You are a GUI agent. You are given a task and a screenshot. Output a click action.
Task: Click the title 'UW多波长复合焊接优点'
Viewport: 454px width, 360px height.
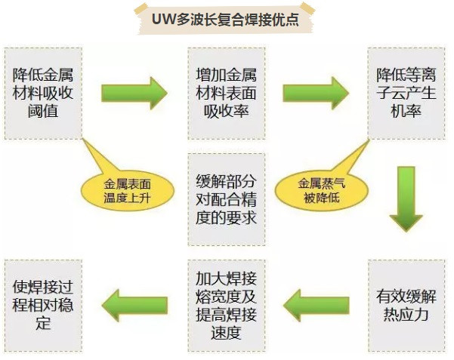click(x=227, y=19)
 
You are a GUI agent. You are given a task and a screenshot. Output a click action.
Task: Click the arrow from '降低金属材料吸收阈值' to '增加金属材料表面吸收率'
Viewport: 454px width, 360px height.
click(x=135, y=93)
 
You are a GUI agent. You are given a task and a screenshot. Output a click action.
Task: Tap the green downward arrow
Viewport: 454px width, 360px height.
click(x=406, y=198)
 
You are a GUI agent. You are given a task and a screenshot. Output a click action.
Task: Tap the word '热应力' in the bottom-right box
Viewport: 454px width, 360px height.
click(x=406, y=313)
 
